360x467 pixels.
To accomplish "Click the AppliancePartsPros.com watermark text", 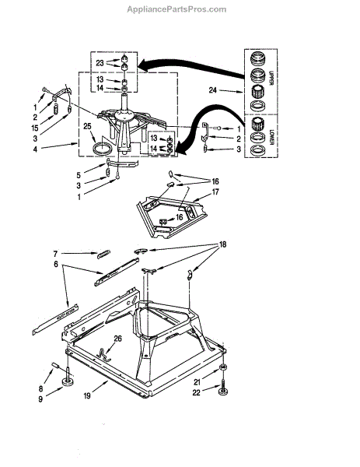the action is (x=177, y=9).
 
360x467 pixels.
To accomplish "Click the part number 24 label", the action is (x=212, y=90).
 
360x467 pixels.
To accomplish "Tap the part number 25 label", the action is (x=87, y=126).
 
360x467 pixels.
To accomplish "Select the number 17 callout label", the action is (x=215, y=192).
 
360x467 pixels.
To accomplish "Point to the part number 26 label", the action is (x=118, y=339).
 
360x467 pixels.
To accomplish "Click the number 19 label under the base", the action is (x=87, y=396).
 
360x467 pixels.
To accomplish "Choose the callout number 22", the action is (x=197, y=393).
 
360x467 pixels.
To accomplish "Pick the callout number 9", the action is (x=40, y=399).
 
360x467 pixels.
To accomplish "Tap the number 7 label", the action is (x=55, y=254).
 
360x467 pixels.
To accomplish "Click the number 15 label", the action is (x=35, y=128).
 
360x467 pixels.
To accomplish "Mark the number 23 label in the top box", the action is (x=100, y=63).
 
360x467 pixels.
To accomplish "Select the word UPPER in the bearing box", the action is (x=271, y=79).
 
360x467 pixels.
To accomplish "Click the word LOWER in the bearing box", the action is (x=271, y=136).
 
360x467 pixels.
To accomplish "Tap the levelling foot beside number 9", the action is (x=68, y=382).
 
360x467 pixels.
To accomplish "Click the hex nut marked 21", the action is (x=222, y=368).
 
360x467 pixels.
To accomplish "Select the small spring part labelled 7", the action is (x=103, y=255).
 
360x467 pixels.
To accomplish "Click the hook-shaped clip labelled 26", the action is (x=103, y=355).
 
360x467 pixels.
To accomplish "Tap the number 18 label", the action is (x=222, y=244).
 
